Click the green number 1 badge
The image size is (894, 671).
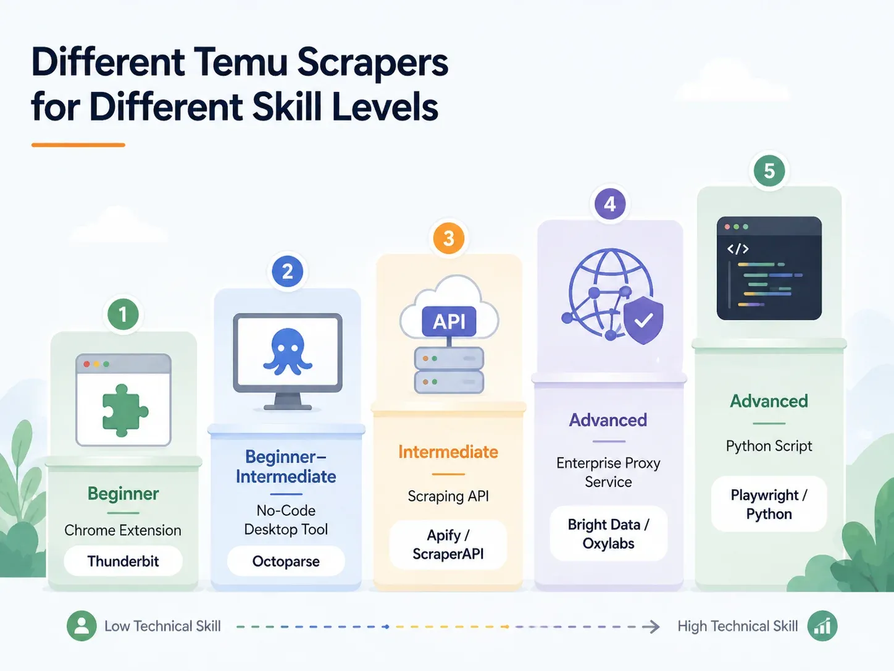pyautogui.click(x=123, y=314)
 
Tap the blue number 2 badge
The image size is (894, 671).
pyautogui.click(x=287, y=271)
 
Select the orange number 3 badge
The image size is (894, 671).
pyautogui.click(x=448, y=238)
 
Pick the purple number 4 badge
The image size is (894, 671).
pyautogui.click(x=609, y=204)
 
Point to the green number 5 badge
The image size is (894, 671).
pyautogui.click(x=769, y=171)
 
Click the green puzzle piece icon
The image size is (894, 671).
pyautogui.click(x=124, y=410)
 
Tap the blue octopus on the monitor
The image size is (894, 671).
pyautogui.click(x=288, y=351)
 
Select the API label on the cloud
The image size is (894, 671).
pyautogui.click(x=449, y=321)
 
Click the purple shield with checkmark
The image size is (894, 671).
pyautogui.click(x=643, y=320)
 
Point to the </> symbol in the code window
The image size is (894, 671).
pyautogui.click(x=738, y=248)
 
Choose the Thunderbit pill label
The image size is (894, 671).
pyautogui.click(x=123, y=561)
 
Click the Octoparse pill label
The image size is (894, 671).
pyautogui.click(x=286, y=561)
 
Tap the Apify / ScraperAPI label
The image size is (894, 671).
pyautogui.click(x=448, y=544)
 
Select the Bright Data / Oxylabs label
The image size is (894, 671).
pyautogui.click(x=609, y=534)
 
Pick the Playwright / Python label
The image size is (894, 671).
pyautogui.click(x=769, y=504)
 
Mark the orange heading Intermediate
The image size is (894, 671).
pyautogui.click(x=448, y=452)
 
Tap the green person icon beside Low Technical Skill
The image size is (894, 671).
pyautogui.click(x=81, y=626)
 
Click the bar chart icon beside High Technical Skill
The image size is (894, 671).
pyautogui.click(x=822, y=626)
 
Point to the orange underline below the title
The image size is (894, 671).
pyautogui.click(x=78, y=145)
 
